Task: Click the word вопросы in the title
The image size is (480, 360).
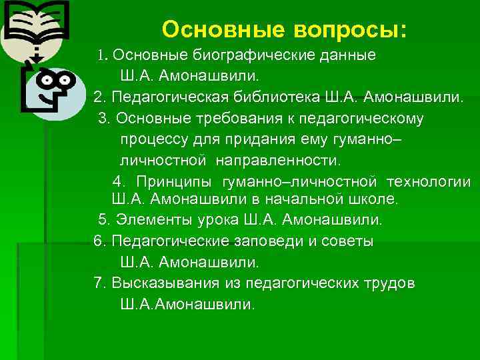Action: click(x=345, y=30)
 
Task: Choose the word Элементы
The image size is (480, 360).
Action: click(x=150, y=219)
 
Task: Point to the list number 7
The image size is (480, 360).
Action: click(x=99, y=283)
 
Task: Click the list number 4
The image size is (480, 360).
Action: click(x=117, y=182)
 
